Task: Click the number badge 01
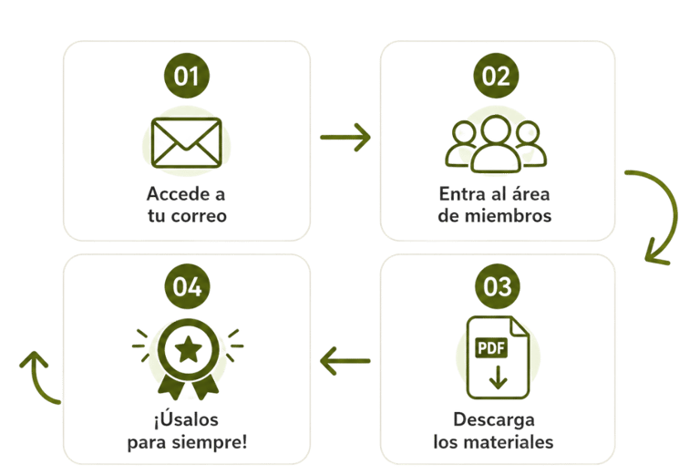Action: [x=187, y=76]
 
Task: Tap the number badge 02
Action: [x=496, y=76]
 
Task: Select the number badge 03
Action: [x=497, y=286]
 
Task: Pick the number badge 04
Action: [x=187, y=286]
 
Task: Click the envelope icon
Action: [x=187, y=143]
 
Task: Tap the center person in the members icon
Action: [x=496, y=144]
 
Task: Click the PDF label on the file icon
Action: [x=491, y=347]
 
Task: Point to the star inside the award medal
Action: [x=188, y=349]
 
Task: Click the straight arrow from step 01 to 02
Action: [x=345, y=137]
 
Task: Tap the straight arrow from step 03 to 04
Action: [x=345, y=361]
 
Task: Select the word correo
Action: [x=199, y=216]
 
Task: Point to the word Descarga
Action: [x=494, y=420]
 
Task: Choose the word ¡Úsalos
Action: [x=186, y=418]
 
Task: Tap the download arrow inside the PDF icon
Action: [x=499, y=377]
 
